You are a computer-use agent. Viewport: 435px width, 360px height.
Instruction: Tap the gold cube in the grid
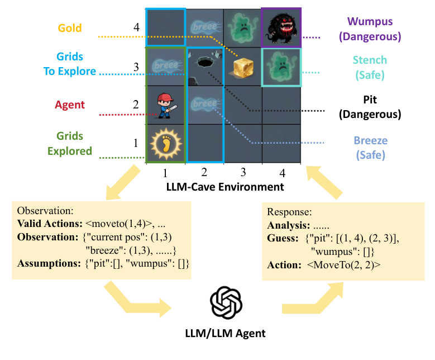243,67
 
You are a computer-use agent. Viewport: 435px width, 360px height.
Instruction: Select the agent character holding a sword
165,105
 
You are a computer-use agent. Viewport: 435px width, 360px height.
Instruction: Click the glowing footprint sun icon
165,143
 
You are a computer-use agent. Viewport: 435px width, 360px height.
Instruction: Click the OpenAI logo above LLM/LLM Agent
226,302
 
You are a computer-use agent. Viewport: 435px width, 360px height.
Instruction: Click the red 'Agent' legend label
70,105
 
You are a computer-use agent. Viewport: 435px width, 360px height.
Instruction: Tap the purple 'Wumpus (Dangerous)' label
374,29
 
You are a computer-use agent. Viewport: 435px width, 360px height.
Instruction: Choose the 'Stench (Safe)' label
370,67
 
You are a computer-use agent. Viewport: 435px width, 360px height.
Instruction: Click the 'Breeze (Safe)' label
369,148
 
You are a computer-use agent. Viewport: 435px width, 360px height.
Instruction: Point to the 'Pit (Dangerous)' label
370,107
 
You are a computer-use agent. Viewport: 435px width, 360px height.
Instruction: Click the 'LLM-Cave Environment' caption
225,187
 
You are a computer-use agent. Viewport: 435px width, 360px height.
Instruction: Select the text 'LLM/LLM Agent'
225,334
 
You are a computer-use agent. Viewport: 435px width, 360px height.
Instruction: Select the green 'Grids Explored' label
69,143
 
